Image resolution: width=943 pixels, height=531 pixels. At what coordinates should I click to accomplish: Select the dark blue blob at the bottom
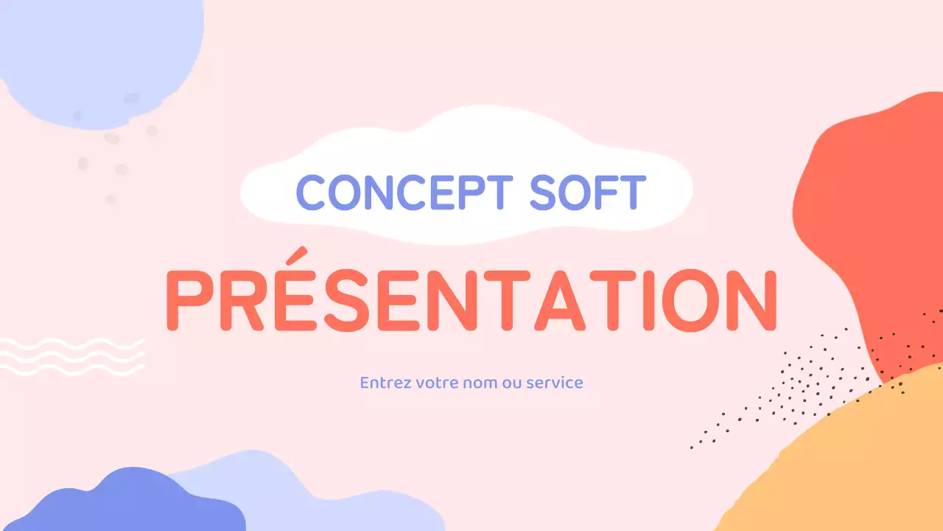point(125,505)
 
